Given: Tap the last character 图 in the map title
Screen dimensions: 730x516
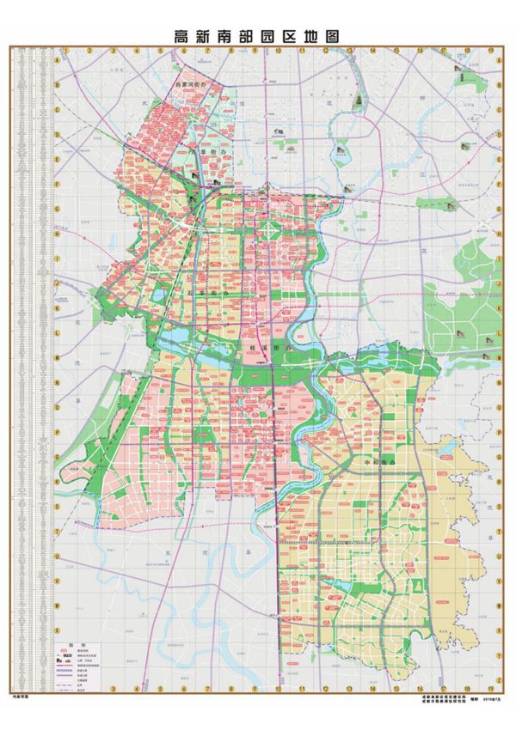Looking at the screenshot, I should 332,36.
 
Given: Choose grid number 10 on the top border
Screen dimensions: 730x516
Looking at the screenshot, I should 279,51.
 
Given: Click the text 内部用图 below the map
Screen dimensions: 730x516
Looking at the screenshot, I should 21,698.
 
